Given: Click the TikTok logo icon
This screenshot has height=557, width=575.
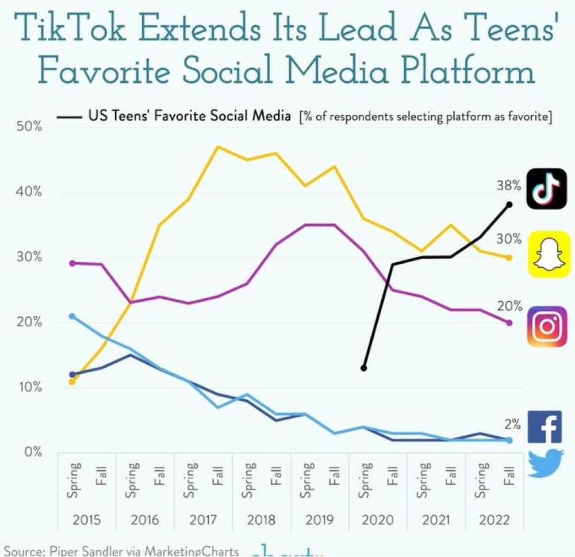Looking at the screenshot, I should click(546, 189).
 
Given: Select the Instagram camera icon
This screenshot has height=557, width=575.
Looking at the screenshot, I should click(547, 326).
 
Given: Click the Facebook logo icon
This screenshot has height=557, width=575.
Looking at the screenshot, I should click(544, 428).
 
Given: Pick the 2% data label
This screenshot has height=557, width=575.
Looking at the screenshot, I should click(512, 425).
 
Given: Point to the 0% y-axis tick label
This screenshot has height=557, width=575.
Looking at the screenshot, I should click(33, 452).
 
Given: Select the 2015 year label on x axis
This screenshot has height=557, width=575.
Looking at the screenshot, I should click(87, 521).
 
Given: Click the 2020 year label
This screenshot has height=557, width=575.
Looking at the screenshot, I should click(378, 521).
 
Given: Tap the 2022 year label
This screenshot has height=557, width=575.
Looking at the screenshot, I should click(494, 521).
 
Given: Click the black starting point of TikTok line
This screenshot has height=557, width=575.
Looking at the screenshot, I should click(363, 368).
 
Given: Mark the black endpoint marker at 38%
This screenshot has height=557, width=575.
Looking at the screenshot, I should click(509, 204).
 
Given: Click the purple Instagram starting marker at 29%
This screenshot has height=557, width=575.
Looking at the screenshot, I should click(71, 263).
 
